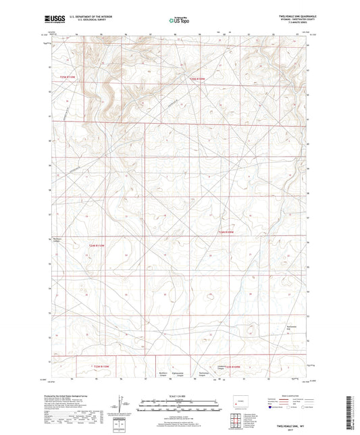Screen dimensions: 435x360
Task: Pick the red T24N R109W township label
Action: click(x=226, y=233)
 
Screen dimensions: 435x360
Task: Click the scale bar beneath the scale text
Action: click(x=180, y=404)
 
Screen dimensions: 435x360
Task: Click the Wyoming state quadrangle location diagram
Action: click(x=242, y=404)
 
